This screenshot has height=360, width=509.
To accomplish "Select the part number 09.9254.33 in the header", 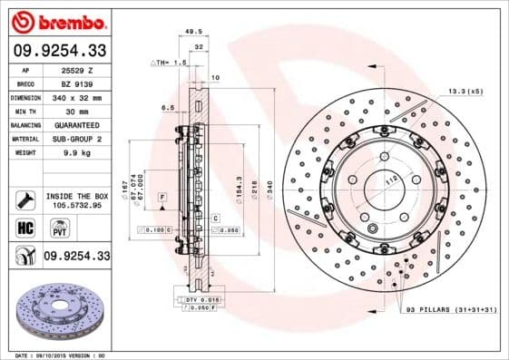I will pos(59,51).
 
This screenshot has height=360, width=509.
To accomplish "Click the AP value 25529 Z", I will pos(77,70).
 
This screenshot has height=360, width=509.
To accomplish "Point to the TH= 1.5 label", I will pos(168,63).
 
